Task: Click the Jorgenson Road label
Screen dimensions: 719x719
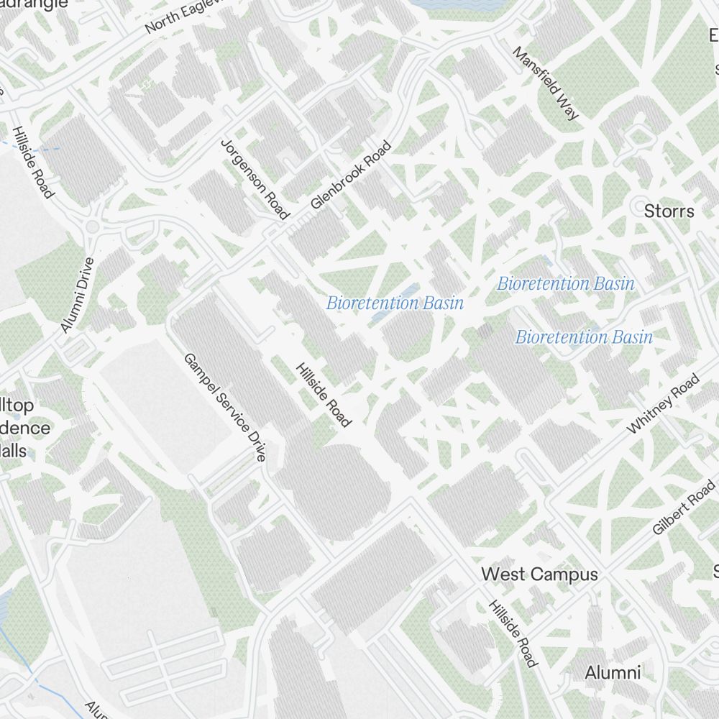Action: (255, 178)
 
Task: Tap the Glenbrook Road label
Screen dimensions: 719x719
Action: (351, 175)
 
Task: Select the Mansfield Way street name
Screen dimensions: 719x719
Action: (546, 83)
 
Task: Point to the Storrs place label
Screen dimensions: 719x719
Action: (669, 211)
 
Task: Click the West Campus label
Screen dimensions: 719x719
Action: (539, 574)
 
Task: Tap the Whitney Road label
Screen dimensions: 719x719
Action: (662, 403)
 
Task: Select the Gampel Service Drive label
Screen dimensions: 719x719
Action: (224, 407)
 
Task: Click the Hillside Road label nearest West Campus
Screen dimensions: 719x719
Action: (513, 633)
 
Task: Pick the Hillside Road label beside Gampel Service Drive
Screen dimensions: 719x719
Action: (324, 394)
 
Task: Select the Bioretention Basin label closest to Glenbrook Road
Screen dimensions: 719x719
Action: (395, 303)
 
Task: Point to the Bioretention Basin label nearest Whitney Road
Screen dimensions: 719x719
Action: (584, 336)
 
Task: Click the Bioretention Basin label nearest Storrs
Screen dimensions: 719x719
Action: (566, 283)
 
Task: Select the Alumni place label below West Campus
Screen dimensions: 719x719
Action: (612, 673)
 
